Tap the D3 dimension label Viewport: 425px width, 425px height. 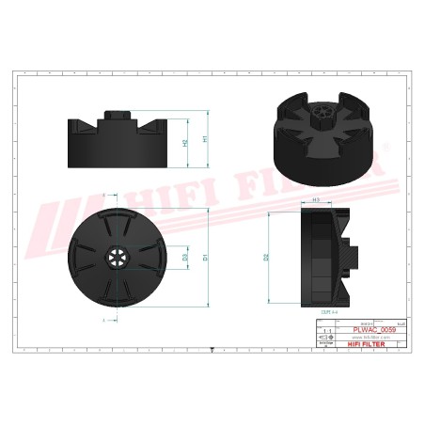(185, 257)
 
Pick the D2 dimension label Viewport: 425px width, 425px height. (267, 256)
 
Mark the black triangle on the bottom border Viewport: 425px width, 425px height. (212, 348)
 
